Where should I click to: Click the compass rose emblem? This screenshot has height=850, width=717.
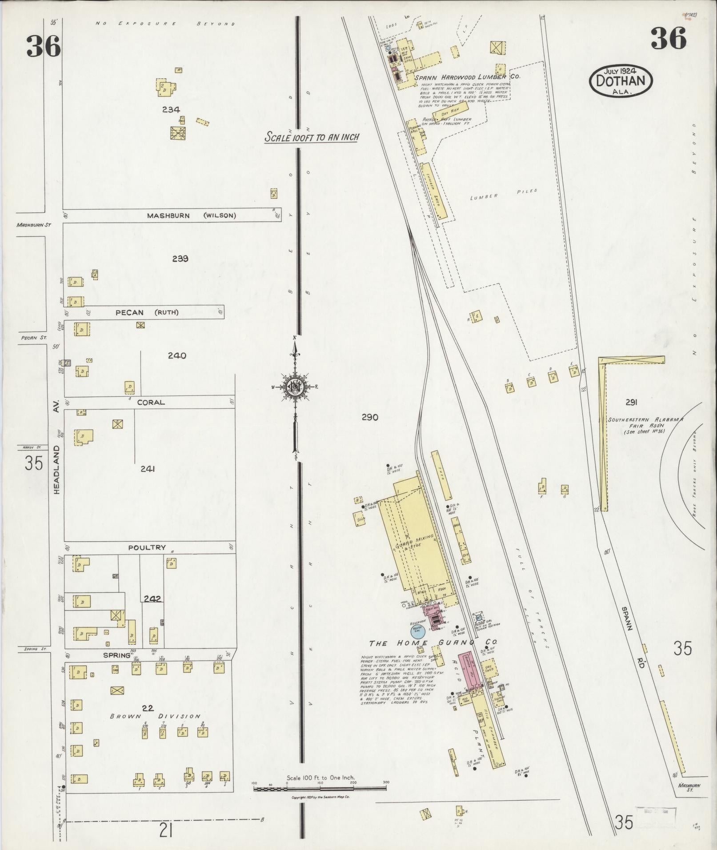pyautogui.click(x=295, y=386)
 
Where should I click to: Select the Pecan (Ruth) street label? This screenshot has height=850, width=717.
pyautogui.click(x=147, y=312)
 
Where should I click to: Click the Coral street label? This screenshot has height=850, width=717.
pyautogui.click(x=151, y=403)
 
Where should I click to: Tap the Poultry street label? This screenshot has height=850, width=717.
pyautogui.click(x=147, y=547)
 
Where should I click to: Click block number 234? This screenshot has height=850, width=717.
pyautogui.click(x=171, y=109)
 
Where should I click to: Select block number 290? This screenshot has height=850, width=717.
pyautogui.click(x=369, y=417)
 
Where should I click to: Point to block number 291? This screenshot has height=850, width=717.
pyautogui.click(x=631, y=403)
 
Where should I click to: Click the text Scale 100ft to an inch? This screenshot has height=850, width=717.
pyautogui.click(x=312, y=137)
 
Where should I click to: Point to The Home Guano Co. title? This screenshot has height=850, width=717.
pyautogui.click(x=433, y=643)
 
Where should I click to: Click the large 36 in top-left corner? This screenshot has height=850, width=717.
pyautogui.click(x=43, y=46)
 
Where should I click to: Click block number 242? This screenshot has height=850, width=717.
pyautogui.click(x=152, y=599)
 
